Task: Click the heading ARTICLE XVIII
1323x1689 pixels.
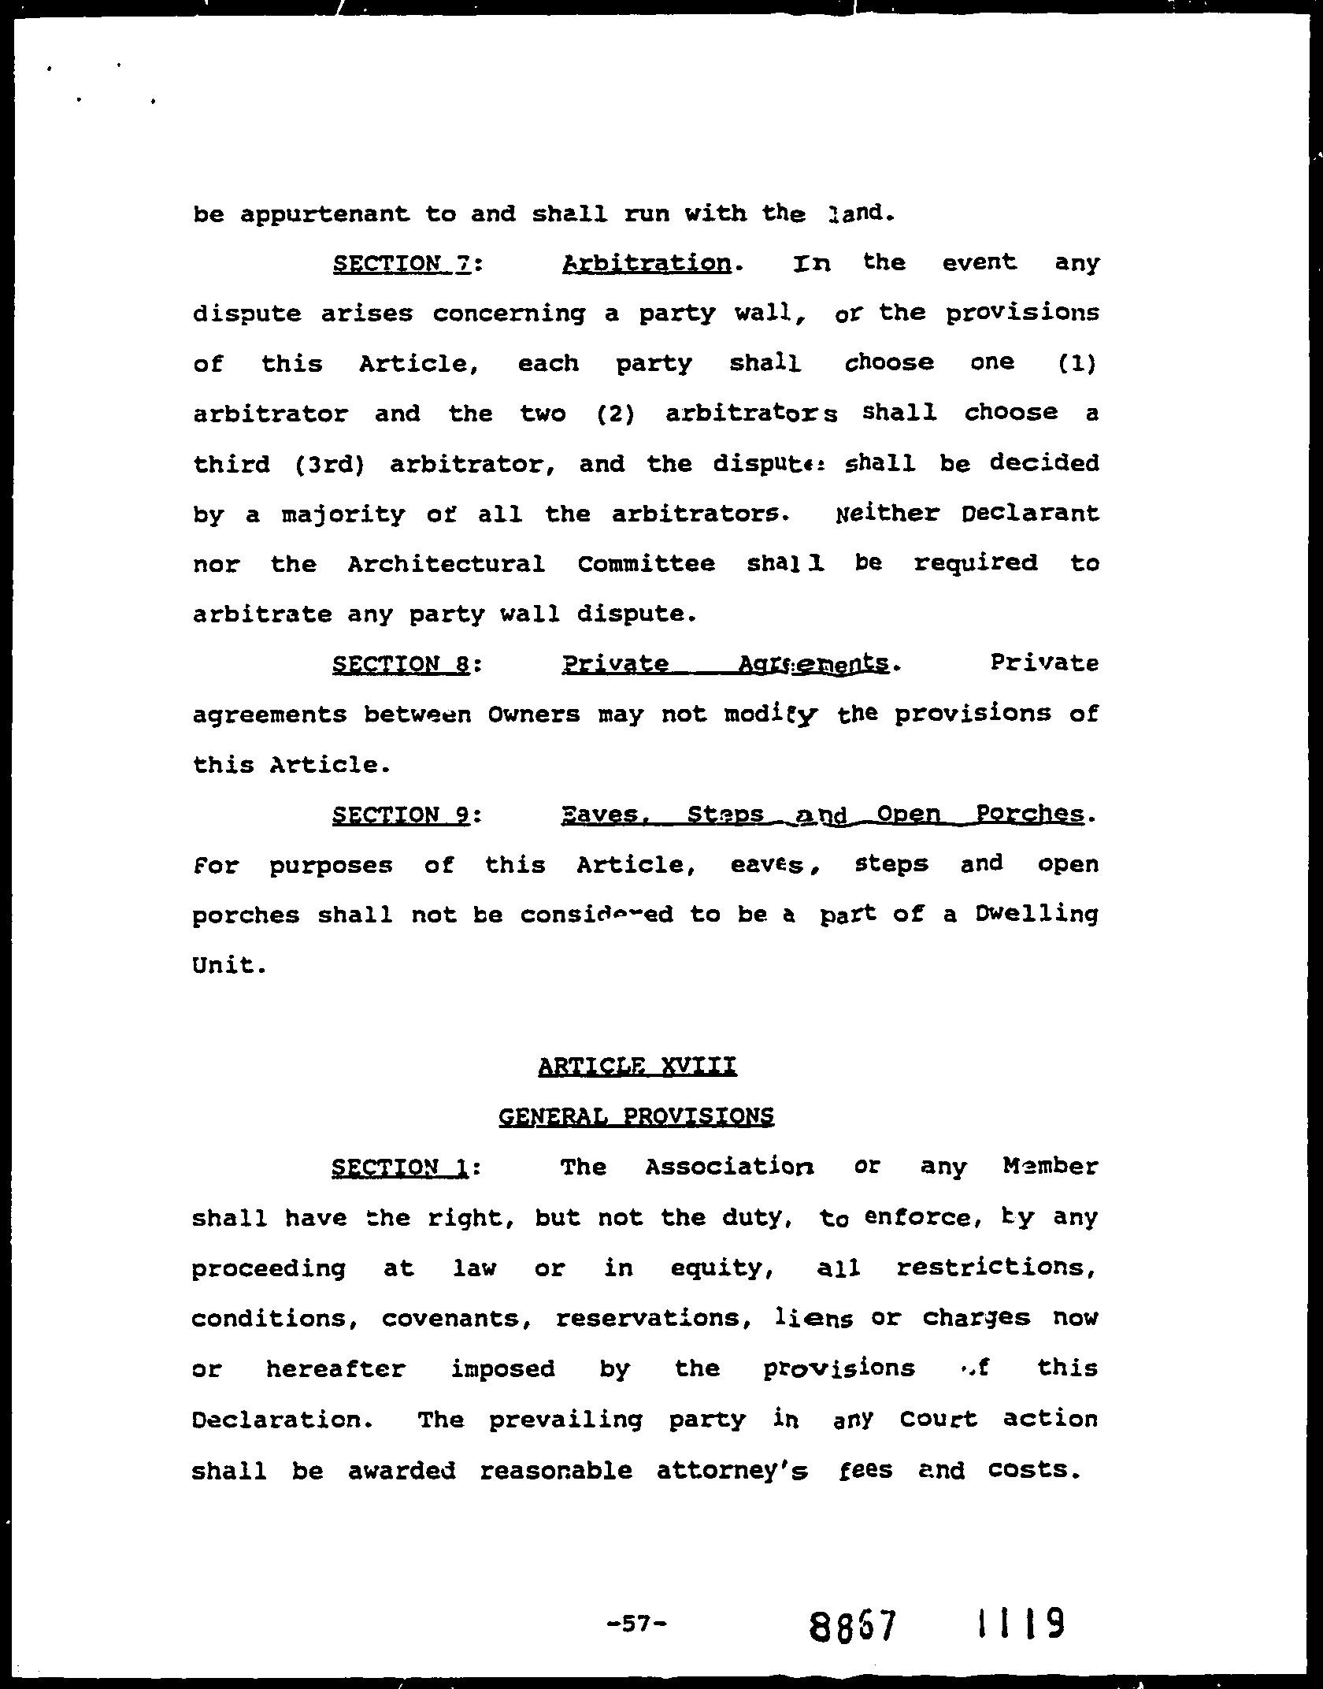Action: pyautogui.click(x=637, y=1067)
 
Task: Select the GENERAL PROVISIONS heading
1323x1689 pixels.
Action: pyautogui.click(x=636, y=1116)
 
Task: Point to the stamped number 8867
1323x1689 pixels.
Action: pyautogui.click(x=854, y=1624)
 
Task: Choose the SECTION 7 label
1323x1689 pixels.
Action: pyautogui.click(x=402, y=263)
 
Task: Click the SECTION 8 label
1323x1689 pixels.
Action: pyautogui.click(x=402, y=665)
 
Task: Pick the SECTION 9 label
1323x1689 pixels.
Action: pyautogui.click(x=402, y=815)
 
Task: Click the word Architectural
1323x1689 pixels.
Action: pyautogui.click(x=446, y=564)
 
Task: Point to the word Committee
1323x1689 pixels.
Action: pyautogui.click(x=647, y=564)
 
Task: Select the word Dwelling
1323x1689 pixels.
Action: pyautogui.click(x=1036, y=915)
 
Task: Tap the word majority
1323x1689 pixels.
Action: pyautogui.click(x=343, y=515)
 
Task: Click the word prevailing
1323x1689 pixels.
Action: pyautogui.click(x=565, y=1420)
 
